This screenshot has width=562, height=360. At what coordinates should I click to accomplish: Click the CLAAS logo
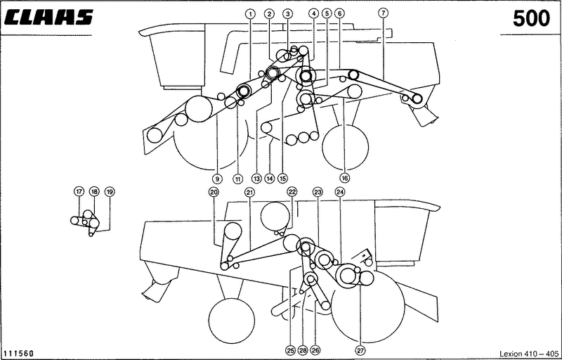pyautogui.click(x=48, y=17)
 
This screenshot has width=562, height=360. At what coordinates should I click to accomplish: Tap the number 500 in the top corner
pyautogui.click(x=531, y=19)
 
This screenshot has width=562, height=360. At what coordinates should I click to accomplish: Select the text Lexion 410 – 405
pyautogui.click(x=529, y=353)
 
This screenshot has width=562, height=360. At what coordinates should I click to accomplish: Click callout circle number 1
pyautogui.click(x=250, y=13)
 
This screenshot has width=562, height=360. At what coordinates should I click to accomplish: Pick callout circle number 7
pyautogui.click(x=383, y=13)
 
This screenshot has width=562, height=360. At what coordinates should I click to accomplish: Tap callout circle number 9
pyautogui.click(x=217, y=178)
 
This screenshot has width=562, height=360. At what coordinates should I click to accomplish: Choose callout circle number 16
pyautogui.click(x=344, y=177)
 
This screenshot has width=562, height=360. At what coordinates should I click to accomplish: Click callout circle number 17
pyautogui.click(x=79, y=191)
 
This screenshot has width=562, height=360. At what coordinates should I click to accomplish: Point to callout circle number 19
pyautogui.click(x=110, y=192)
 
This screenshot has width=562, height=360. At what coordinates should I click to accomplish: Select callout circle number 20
pyautogui.click(x=214, y=192)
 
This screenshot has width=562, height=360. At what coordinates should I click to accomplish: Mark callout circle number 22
pyautogui.click(x=292, y=192)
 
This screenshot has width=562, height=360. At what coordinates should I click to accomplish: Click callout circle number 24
pyautogui.click(x=340, y=192)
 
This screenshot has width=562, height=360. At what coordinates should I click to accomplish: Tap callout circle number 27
pyautogui.click(x=361, y=350)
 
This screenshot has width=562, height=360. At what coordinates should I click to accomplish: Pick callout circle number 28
pyautogui.click(x=303, y=350)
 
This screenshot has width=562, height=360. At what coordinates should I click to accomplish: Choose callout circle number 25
pyautogui.click(x=291, y=350)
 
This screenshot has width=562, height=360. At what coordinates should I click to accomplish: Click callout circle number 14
pyautogui.click(x=270, y=178)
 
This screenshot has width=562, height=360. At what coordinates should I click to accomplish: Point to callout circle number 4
pyautogui.click(x=313, y=13)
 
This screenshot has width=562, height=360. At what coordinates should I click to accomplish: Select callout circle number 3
pyautogui.click(x=287, y=13)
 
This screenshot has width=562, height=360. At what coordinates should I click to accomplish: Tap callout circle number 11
pyautogui.click(x=237, y=178)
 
